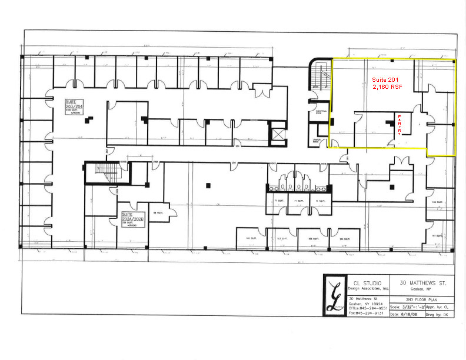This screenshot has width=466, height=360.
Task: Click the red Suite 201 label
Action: (385, 79)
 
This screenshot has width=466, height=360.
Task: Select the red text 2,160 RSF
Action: (385, 86)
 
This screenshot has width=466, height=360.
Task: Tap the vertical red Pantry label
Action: (400, 125)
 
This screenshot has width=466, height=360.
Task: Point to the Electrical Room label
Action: (321, 111)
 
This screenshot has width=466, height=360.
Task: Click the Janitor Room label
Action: (316, 141)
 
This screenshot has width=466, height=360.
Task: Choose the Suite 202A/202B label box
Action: (133, 219)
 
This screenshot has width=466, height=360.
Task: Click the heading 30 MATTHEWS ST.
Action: (419, 283)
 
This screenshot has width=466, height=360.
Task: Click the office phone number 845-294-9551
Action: (369, 308)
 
